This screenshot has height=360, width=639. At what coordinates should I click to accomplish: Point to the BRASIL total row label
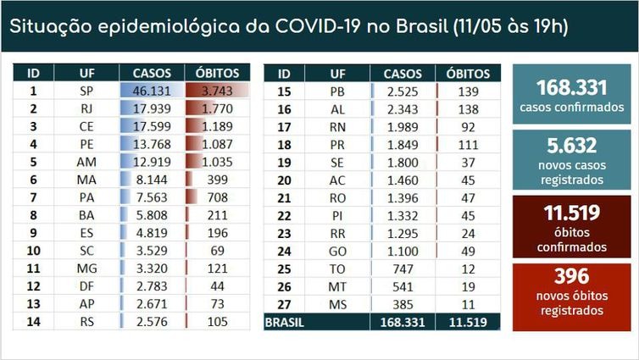click(x=286, y=322)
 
